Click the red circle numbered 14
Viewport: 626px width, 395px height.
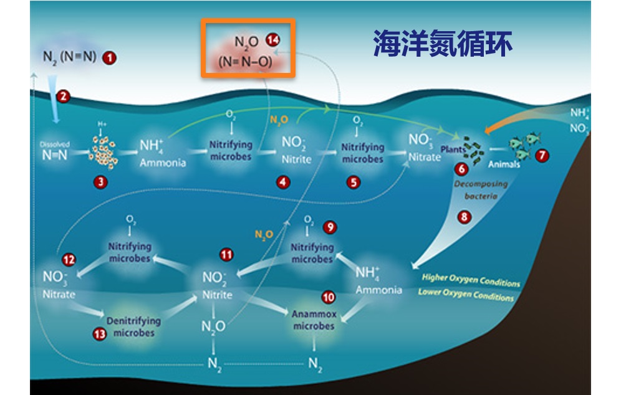272,39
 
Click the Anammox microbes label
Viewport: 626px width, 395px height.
314,320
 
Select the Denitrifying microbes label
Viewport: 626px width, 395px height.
133,326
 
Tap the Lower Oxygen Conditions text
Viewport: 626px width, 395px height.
466,294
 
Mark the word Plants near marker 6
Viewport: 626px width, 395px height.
453,150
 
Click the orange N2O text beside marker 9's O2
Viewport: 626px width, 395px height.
264,234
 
